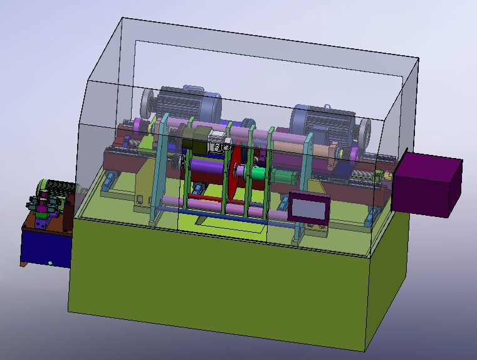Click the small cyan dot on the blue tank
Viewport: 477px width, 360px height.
(50, 263)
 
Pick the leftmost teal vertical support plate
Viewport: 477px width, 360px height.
(157, 169)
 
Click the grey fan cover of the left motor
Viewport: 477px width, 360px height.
(148, 103)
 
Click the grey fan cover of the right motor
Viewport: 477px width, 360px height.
(364, 132)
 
